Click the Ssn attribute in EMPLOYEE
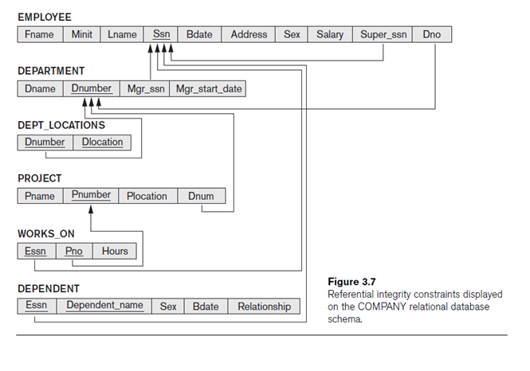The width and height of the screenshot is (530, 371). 161,34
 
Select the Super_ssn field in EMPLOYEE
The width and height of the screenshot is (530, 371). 383,34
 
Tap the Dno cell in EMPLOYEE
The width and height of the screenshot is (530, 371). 431,34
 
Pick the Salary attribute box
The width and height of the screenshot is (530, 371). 329,34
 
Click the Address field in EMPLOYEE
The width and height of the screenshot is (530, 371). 249,34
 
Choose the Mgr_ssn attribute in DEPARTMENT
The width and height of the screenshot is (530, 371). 146,88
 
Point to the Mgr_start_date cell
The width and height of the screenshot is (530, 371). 209,88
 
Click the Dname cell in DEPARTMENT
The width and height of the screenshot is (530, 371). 40,88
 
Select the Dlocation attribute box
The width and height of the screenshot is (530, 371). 102,142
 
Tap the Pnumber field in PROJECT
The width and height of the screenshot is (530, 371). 91,195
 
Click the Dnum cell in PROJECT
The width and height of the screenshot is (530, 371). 201,196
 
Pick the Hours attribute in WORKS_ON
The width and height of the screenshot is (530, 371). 115,251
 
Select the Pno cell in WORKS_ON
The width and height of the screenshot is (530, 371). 73,251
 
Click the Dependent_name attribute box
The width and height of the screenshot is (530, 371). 104,306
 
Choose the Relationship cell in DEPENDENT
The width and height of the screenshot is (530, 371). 264,306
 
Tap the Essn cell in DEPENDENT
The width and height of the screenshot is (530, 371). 36,306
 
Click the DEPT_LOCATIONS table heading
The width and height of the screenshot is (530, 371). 61,125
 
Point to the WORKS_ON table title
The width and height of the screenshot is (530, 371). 46,234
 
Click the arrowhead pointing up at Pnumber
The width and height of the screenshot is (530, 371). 91,209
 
